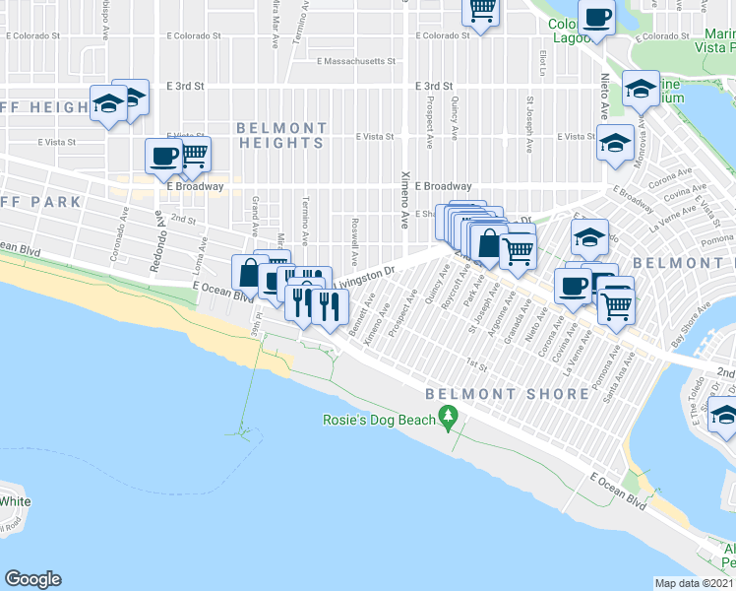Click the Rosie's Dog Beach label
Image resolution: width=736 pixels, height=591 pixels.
(x=379, y=421)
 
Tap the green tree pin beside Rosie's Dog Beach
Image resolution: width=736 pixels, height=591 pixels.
(x=450, y=419)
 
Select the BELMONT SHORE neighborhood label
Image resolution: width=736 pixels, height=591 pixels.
(x=508, y=394)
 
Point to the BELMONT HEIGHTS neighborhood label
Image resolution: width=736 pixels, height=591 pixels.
(x=280, y=136)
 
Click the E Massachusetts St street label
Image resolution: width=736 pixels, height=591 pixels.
(x=355, y=61)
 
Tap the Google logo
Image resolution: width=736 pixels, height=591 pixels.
(x=32, y=579)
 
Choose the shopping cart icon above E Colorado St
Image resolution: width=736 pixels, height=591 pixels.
(x=481, y=11)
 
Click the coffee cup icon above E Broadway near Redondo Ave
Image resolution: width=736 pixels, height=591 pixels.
(x=163, y=155)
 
